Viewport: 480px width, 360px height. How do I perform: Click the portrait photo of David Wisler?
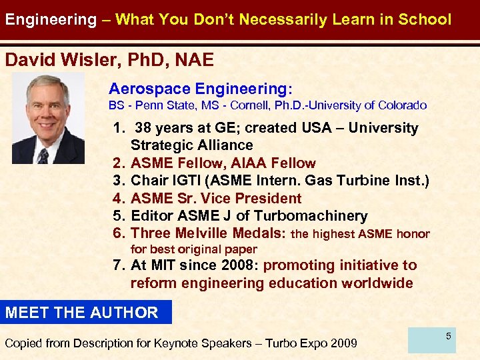48,119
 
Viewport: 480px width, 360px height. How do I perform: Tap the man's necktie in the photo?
43,156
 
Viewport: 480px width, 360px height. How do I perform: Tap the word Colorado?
402,105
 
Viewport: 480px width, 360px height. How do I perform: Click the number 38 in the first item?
143,128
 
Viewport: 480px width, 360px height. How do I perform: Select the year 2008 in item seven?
238,265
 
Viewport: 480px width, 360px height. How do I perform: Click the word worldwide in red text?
377,283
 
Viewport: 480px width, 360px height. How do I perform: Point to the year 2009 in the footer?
342,343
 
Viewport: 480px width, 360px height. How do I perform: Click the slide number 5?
449,337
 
